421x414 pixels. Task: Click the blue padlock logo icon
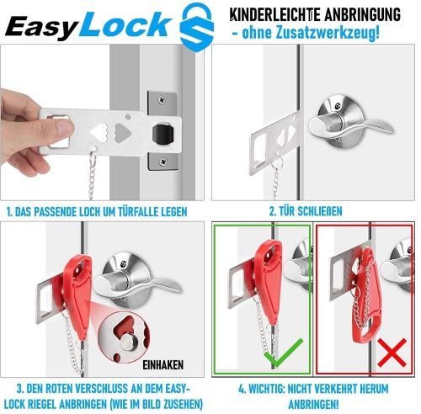pos(197,27)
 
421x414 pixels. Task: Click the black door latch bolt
pos(162,134)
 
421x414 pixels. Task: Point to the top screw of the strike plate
pos(162,99)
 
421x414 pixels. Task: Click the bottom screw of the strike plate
pos(163,162)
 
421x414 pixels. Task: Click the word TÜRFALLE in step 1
pos(135,211)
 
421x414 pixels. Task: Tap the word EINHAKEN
pos(163,365)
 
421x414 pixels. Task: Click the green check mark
pos(283,353)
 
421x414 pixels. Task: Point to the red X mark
pos(392,353)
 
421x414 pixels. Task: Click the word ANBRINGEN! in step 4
pos(313,405)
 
